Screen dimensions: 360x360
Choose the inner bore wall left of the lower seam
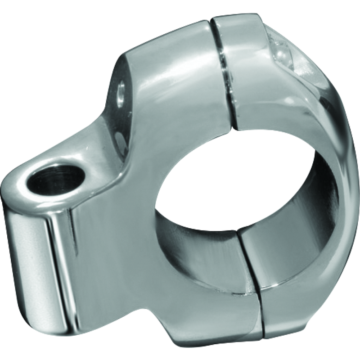click(198, 238)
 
